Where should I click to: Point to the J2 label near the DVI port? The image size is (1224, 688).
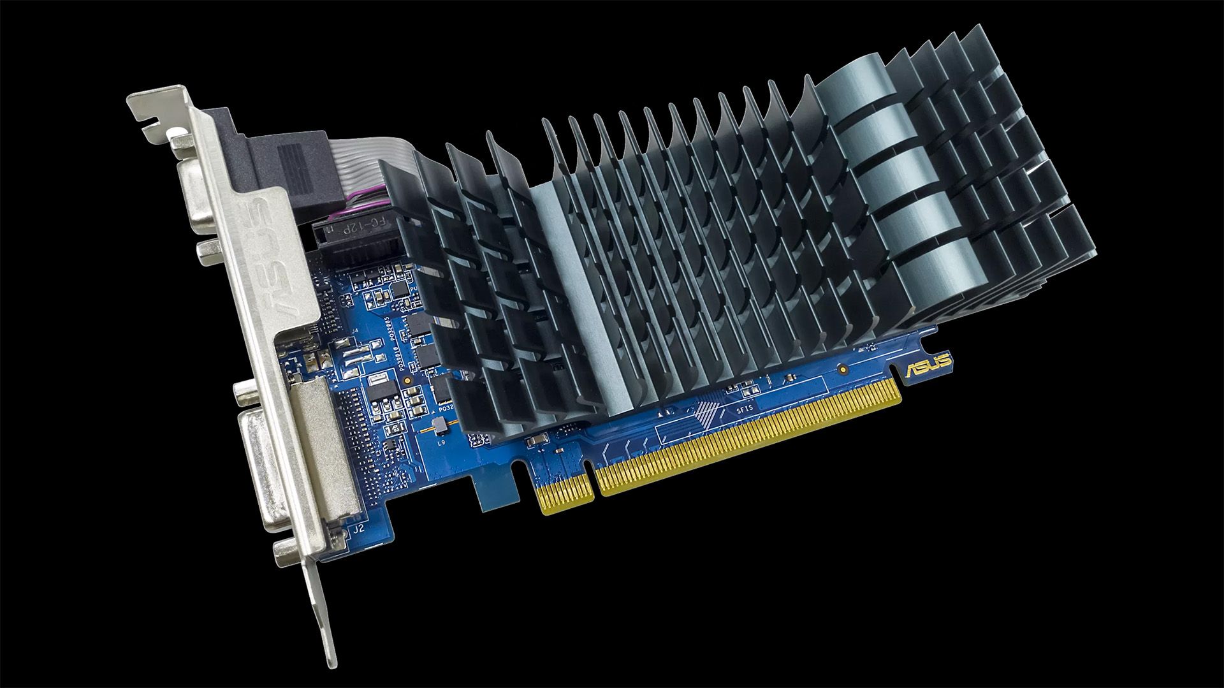click(x=358, y=528)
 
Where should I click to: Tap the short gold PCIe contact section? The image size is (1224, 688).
click(x=566, y=494)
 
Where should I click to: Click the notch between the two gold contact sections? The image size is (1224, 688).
click(x=595, y=485)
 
